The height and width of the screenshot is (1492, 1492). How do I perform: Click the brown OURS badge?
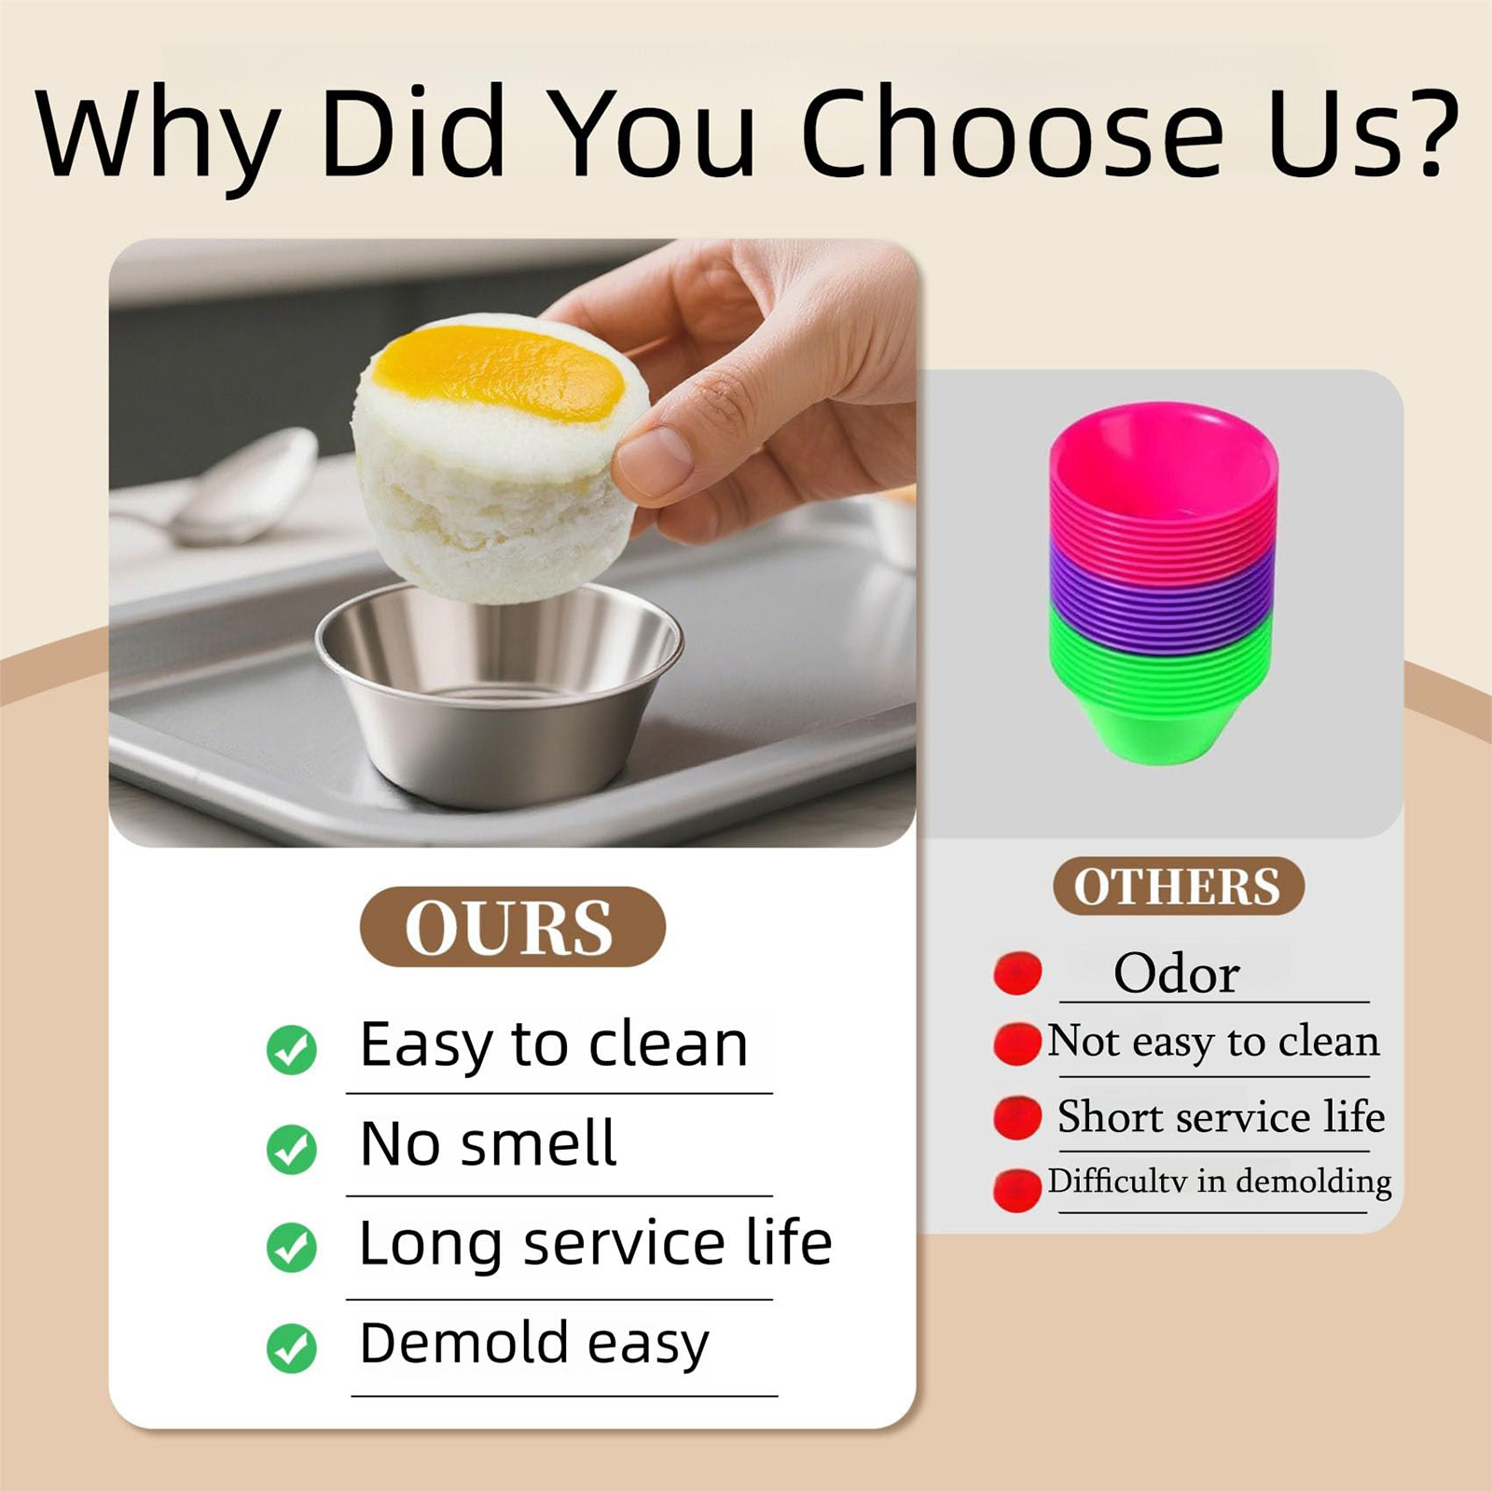512,927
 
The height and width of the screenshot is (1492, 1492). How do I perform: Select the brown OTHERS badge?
1178,885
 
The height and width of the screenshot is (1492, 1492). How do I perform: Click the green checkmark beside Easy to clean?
292,1049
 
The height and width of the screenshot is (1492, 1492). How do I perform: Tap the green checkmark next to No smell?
292,1149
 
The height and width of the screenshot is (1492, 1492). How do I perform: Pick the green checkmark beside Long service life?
292,1248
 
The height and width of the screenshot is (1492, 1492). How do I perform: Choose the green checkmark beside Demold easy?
292,1348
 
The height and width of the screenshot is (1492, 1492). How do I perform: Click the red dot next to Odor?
1017,974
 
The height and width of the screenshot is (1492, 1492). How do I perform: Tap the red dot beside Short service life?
1017,1117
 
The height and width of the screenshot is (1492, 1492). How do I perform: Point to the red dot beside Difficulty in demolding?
1017,1190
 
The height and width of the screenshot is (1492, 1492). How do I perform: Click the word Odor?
1177,974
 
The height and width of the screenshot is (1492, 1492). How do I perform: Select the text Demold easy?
534,1345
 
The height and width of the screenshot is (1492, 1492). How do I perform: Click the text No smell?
488,1143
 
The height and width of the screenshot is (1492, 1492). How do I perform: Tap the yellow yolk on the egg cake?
499,371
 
